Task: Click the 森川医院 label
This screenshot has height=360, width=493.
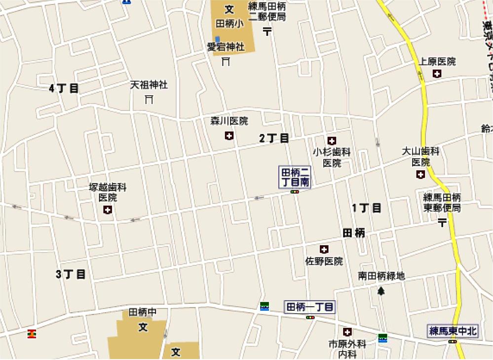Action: [x=229, y=121]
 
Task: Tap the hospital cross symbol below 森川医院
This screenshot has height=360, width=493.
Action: [x=229, y=136]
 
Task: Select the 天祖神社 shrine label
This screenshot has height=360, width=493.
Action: [x=149, y=85]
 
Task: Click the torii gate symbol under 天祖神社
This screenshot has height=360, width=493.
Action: [x=149, y=100]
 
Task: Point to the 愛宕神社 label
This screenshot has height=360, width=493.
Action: [x=226, y=47]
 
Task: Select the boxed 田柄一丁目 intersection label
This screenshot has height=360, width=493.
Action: [x=310, y=307]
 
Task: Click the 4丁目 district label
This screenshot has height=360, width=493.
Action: [x=64, y=89]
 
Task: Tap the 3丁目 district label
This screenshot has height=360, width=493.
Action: [x=71, y=274]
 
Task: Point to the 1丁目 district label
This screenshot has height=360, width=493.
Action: [x=367, y=208]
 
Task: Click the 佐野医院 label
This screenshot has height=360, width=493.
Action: [x=324, y=261]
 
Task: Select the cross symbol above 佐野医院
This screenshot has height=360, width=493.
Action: [x=324, y=249]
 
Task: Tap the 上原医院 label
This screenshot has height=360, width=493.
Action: [x=438, y=62]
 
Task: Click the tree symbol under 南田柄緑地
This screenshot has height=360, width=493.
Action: [x=381, y=291]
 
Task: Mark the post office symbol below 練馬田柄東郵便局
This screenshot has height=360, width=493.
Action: [x=442, y=223]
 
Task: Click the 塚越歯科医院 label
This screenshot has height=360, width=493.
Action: [x=108, y=192]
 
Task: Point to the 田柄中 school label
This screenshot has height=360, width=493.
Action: [x=143, y=312]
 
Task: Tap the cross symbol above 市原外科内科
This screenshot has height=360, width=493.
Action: [x=348, y=332]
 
